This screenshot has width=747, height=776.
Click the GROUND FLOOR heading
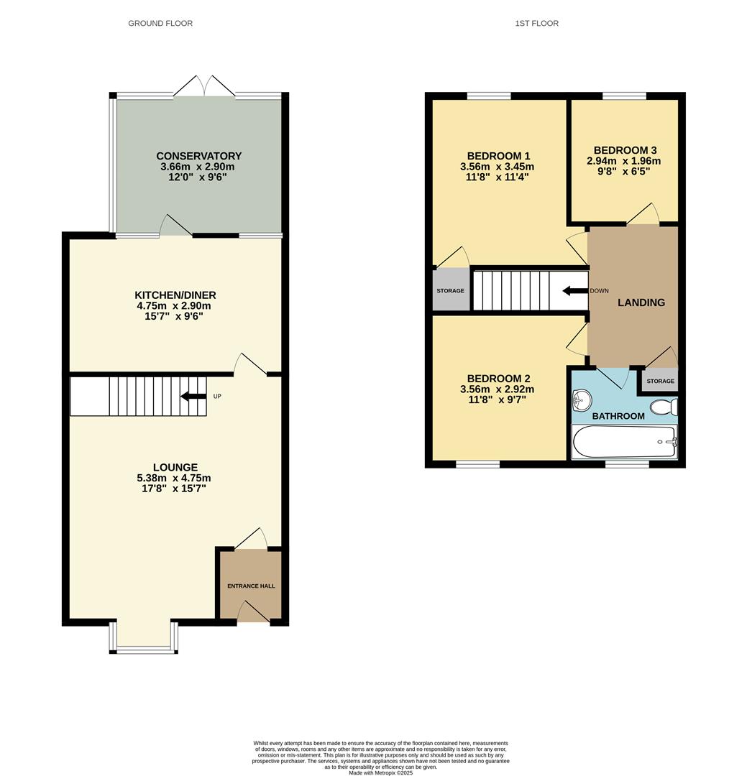(x=160, y=24)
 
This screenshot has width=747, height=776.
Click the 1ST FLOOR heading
(x=536, y=24)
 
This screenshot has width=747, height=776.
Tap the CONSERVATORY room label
(x=198, y=156)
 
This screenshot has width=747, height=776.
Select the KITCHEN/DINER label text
(x=175, y=295)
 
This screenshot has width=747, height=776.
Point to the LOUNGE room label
(x=175, y=467)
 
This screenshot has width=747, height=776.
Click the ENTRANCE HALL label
(x=251, y=586)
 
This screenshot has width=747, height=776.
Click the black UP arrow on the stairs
(x=192, y=396)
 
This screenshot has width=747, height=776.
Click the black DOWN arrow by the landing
(x=574, y=291)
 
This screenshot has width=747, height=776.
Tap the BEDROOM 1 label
(x=498, y=156)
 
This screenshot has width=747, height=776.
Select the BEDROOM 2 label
(x=498, y=379)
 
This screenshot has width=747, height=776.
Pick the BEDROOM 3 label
(x=623, y=150)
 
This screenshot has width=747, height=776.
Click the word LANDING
(x=641, y=302)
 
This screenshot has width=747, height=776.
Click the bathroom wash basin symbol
(x=582, y=399)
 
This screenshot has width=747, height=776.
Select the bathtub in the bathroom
(x=623, y=441)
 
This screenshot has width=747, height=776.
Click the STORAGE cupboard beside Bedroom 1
(x=450, y=290)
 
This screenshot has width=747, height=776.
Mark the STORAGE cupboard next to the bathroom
(x=660, y=381)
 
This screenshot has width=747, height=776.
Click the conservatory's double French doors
(x=205, y=88)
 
